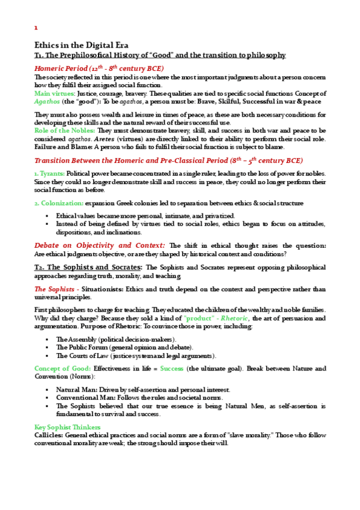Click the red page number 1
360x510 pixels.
click(x=36, y=28)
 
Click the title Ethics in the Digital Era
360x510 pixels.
click(x=81, y=45)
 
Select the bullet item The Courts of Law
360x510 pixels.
click(x=87, y=355)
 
